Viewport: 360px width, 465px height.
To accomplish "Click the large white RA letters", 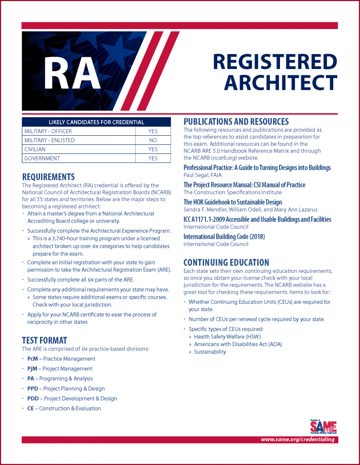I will coord(75,72).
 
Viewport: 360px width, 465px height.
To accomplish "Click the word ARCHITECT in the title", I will coord(280,83).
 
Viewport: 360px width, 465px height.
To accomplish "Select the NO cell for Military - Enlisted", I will coord(153,140).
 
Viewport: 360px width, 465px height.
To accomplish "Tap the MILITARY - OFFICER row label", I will coord(48,131).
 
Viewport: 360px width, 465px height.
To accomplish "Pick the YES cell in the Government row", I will coord(153,158).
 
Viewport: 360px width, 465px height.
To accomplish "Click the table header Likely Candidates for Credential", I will coord(96,122).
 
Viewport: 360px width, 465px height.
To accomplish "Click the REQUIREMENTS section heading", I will coord(48,177).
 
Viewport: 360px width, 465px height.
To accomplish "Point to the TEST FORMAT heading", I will coord(45,340).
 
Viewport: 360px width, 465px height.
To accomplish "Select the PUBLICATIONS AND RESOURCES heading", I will coord(236,122).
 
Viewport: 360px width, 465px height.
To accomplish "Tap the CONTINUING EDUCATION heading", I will coord(226,262).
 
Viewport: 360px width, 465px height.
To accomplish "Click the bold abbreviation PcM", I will coord(33,359).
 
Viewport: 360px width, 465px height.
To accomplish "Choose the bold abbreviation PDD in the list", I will coord(33,399).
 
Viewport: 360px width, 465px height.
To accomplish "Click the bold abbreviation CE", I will coord(30,409).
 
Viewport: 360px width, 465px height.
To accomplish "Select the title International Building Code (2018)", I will coord(224,237).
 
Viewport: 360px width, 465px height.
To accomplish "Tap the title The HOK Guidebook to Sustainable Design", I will coord(232,202).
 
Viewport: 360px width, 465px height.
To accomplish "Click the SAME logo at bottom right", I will coord(323,427).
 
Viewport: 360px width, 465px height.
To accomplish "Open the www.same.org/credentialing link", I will coord(298,440).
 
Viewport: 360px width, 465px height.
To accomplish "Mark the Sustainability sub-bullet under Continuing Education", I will coord(210,352).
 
